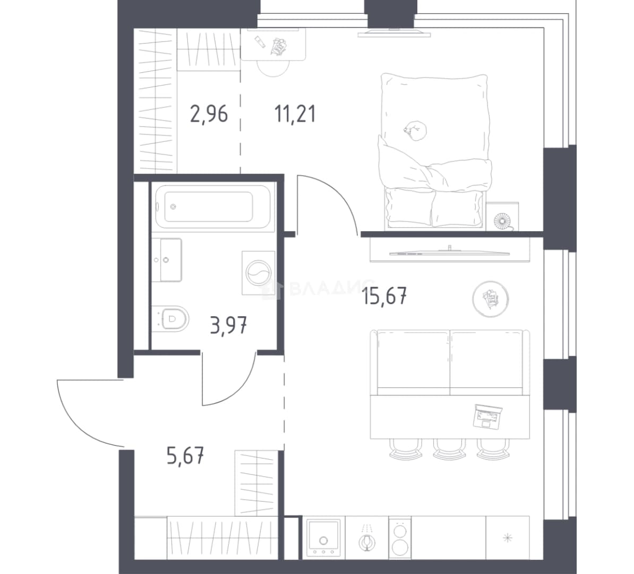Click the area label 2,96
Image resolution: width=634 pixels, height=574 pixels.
pos(209,114)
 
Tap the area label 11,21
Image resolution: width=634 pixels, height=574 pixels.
pos(295,114)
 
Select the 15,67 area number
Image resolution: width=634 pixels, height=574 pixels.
pos(384,296)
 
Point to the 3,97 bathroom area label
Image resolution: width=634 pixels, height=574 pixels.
pos(229,325)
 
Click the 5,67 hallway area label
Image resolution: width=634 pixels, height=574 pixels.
pos(185,455)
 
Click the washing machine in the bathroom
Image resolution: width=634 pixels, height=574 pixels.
pos(259,273)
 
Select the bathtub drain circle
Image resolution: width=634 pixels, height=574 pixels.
pos(174,206)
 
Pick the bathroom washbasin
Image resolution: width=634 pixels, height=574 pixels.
pos(167,259)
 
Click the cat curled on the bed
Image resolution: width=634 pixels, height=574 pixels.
pos(415,131)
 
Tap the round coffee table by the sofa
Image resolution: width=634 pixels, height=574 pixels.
pos(491,299)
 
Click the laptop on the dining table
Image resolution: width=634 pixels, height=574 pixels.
pos(487,416)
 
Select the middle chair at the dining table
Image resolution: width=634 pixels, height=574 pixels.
pos(449,449)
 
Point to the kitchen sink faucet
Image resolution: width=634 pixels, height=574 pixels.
pos(367,538)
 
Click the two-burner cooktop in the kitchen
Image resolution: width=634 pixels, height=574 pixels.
pos(400,538)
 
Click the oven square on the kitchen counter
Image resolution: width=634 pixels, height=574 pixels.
pos(324,538)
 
